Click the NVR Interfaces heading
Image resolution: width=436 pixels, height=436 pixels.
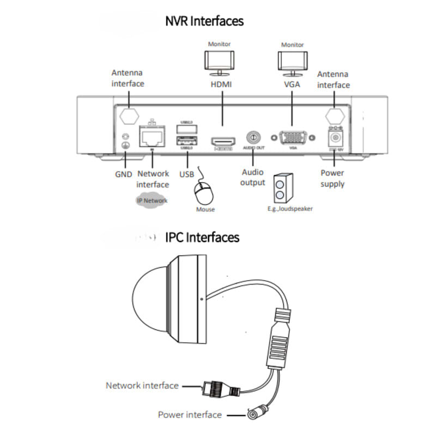coord(204,21)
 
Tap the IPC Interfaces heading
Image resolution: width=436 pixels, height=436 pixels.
coord(202,238)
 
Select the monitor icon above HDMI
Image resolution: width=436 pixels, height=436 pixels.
coord(220,60)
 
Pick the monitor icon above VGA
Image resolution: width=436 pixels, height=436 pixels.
coord(292,60)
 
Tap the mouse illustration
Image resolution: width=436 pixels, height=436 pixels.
coord(203,192)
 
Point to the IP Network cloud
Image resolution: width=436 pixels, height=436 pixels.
coord(152,201)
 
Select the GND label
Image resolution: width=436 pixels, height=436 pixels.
coord(124,174)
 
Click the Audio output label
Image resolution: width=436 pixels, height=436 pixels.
coord(253,178)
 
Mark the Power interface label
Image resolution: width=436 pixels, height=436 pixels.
coord(190,415)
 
